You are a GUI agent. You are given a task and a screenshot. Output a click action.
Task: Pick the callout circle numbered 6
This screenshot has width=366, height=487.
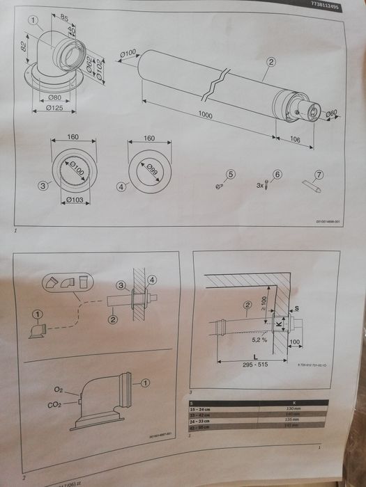point(277,174)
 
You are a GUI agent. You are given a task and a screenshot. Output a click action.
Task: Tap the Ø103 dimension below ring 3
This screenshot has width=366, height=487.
point(73,200)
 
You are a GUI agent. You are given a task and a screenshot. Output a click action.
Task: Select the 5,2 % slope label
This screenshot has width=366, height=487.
point(260,340)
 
